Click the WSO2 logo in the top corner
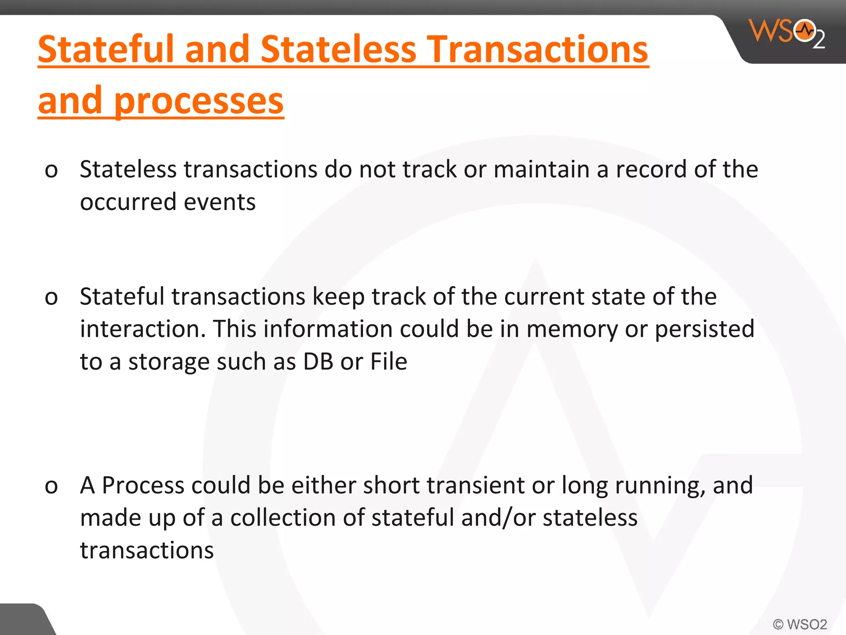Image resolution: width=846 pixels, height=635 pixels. pyautogui.click(x=786, y=33)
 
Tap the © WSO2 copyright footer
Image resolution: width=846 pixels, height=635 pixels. pyautogui.click(x=800, y=624)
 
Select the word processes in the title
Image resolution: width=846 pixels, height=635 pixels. pyautogui.click(x=199, y=101)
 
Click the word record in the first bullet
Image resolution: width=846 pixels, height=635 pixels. pyautogui.click(x=651, y=169)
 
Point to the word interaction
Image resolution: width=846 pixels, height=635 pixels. pyautogui.click(x=143, y=329)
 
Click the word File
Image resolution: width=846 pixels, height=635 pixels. pyautogui.click(x=389, y=362)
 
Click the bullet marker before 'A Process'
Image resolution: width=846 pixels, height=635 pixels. pyautogui.click(x=51, y=486)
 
